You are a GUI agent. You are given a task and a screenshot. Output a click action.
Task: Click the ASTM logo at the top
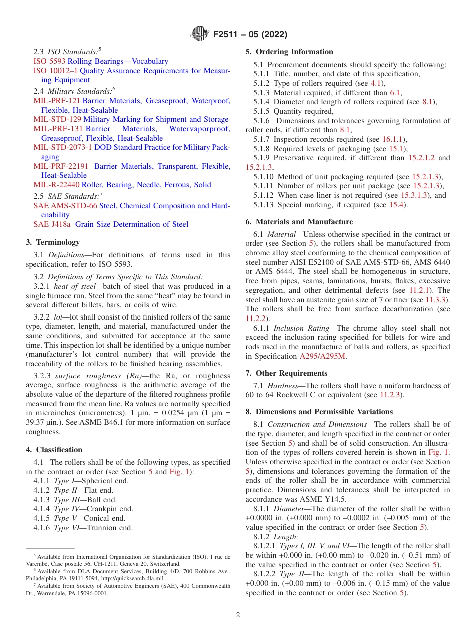(200, 34)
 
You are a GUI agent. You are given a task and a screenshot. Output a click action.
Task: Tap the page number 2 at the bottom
(238, 615)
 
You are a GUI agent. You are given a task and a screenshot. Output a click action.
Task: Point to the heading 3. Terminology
(53, 242)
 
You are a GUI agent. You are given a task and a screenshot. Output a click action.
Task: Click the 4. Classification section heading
(54, 450)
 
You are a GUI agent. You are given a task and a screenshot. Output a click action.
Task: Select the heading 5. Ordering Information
(289, 52)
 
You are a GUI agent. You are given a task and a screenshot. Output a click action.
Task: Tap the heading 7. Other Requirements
(286, 373)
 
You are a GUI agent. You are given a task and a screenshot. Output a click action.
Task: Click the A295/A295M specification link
(322, 356)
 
